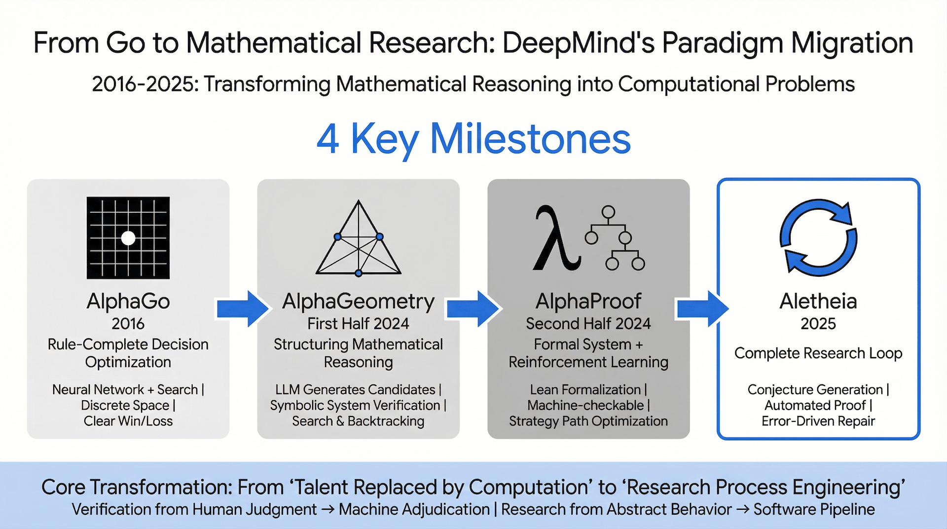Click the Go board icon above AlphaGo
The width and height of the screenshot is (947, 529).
(128, 238)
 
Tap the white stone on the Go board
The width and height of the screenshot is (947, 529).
(128, 238)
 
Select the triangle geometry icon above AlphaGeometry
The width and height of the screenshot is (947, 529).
(359, 238)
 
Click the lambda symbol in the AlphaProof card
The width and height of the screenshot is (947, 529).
(556, 238)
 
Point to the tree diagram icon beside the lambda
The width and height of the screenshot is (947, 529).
(615, 238)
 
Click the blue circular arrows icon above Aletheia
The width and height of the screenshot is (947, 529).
(818, 237)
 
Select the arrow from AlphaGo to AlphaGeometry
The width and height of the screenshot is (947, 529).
(243, 308)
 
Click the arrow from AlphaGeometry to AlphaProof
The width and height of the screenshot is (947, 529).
(473, 308)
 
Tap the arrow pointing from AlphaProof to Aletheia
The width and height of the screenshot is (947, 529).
(703, 308)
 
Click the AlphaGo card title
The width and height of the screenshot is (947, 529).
(128, 301)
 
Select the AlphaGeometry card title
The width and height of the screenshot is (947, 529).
(359, 302)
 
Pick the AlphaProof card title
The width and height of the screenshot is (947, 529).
(588, 301)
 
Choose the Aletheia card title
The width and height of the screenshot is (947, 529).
(818, 301)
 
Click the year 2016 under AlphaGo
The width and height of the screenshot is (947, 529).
(128, 324)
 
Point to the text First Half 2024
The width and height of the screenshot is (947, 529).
(359, 324)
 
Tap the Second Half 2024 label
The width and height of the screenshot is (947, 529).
(588, 324)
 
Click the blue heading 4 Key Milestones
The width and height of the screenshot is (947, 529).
(473, 139)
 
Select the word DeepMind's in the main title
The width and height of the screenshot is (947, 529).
(578, 42)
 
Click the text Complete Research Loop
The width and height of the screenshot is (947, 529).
(818, 353)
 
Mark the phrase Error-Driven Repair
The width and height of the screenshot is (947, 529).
(818, 421)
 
